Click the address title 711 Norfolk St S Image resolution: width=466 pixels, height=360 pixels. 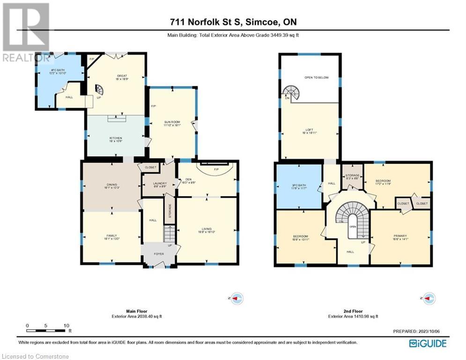(x=232, y=22)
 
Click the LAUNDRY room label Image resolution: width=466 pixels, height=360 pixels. (x=158, y=184)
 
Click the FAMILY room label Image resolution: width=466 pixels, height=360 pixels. (x=111, y=237)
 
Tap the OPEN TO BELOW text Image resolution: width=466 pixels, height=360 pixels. (x=317, y=77)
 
